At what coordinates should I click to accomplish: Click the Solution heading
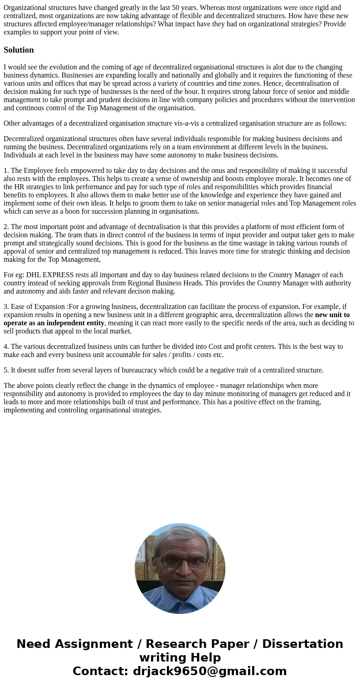(x=19, y=50)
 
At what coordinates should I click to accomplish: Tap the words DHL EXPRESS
(x=51, y=275)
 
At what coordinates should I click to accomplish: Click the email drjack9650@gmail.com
(x=209, y=671)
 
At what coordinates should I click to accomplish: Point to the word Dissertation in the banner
(x=302, y=644)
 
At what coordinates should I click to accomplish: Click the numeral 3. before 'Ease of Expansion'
(x=6, y=307)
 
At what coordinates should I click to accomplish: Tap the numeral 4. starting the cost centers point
(x=6, y=347)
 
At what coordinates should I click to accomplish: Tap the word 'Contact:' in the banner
(x=101, y=671)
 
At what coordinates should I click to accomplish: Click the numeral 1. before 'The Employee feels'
(x=6, y=171)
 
